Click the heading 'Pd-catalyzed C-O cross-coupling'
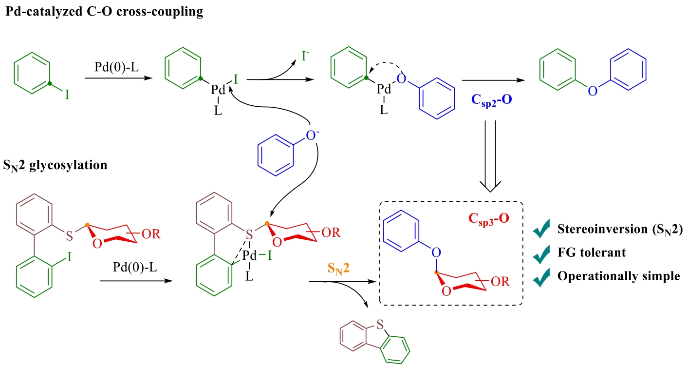pyautogui.click(x=104, y=12)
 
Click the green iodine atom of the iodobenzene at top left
pyautogui.click(x=67, y=94)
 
